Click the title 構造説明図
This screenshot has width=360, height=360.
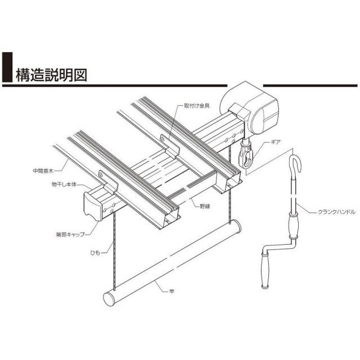point(52,75)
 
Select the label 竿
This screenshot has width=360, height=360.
point(172,291)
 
